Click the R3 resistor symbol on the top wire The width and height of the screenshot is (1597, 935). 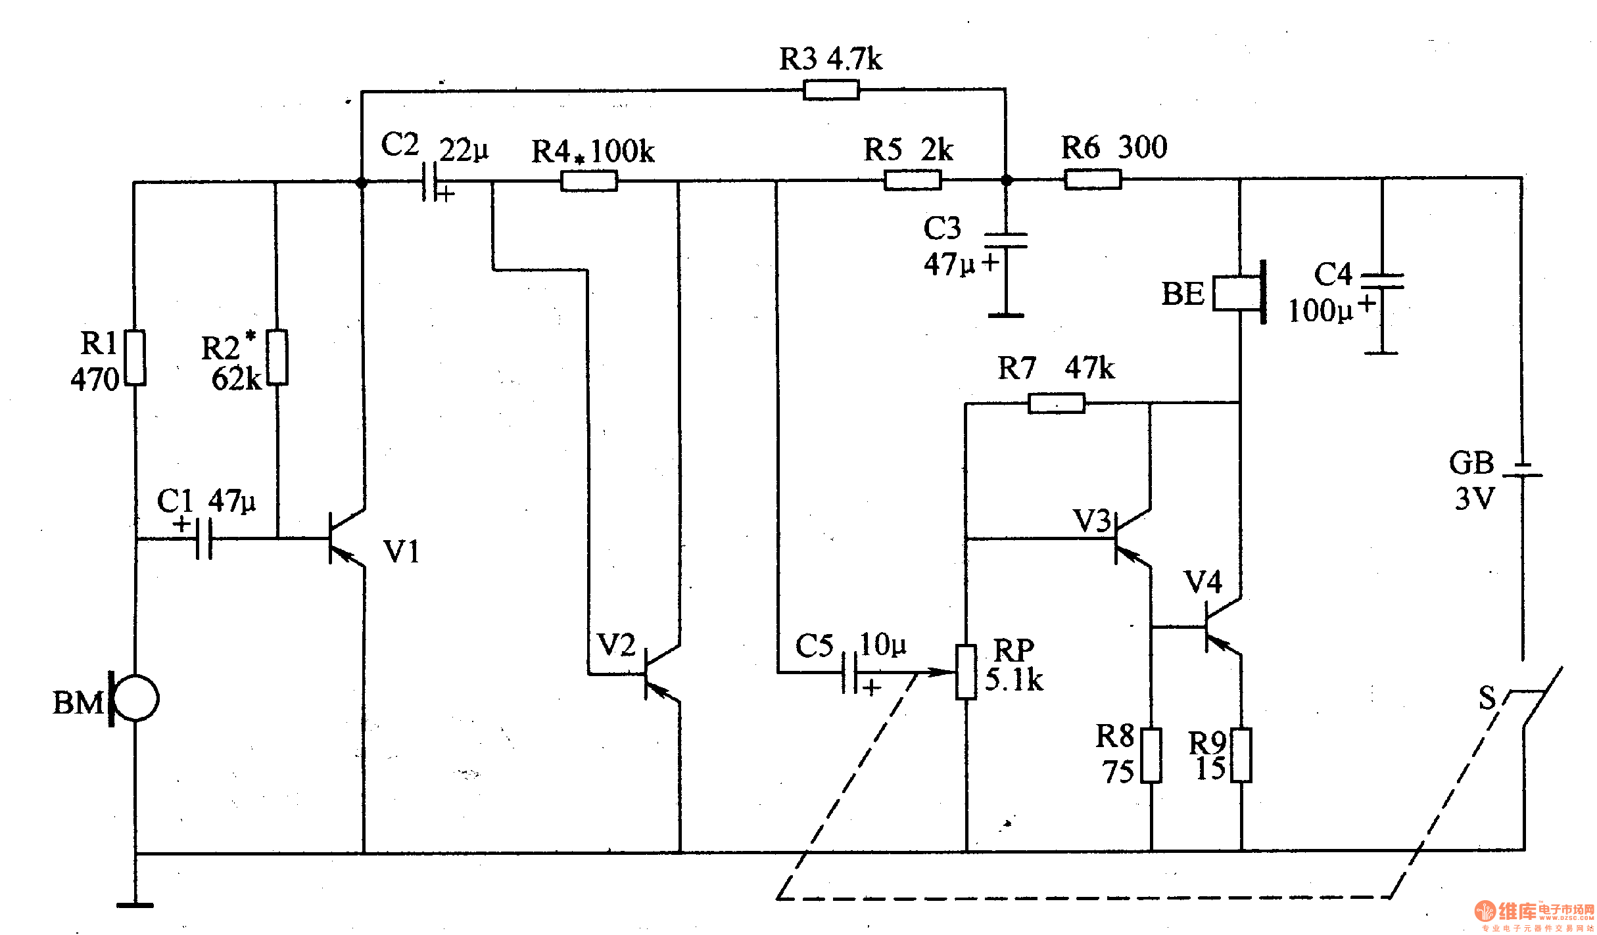click(831, 89)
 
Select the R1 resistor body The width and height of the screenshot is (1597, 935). click(135, 357)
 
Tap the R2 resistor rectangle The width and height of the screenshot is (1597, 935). click(277, 357)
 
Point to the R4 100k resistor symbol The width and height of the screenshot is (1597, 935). click(589, 181)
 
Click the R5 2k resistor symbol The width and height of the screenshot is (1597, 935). click(913, 179)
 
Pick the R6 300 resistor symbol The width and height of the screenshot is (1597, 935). click(1093, 179)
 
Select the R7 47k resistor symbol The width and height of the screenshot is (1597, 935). click(1056, 403)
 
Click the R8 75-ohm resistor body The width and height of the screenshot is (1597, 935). click(1151, 755)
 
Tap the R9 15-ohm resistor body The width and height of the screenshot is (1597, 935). click(1241, 755)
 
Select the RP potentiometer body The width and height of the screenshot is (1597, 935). click(966, 672)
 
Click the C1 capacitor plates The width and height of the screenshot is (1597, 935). click(204, 539)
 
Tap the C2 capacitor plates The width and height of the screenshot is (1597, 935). click(429, 181)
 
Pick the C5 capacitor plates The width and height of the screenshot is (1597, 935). click(849, 672)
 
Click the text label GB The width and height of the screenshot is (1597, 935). click(1471, 463)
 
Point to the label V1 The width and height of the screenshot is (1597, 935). click(401, 552)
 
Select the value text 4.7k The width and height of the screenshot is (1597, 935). click(854, 59)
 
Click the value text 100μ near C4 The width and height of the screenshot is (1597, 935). click(1320, 311)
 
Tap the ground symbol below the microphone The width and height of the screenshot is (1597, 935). click(135, 905)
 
